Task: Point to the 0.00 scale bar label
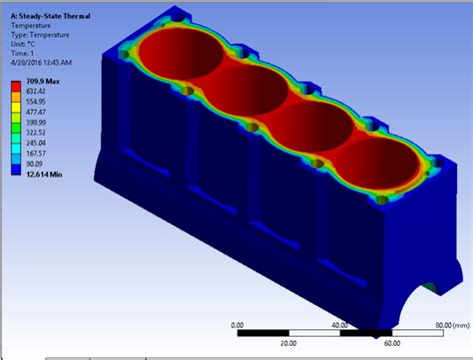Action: tap(236, 324)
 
